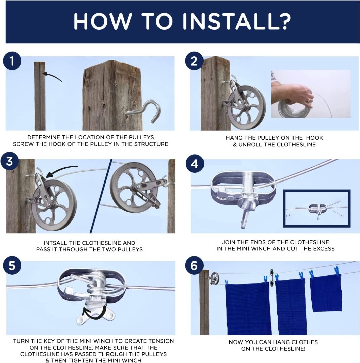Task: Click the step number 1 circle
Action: (x=12, y=62)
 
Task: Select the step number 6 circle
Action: (x=194, y=266)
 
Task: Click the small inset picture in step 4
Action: (x=316, y=208)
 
